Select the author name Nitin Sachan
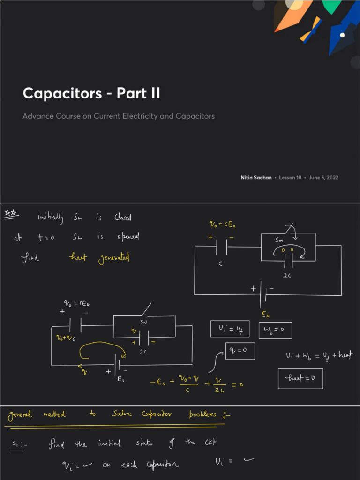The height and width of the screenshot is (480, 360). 256,178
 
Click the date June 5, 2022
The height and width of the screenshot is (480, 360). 323,178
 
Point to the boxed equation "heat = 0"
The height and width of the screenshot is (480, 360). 300,379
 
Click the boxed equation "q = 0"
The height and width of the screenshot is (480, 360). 240,351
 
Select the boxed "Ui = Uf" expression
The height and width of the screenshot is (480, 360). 230,330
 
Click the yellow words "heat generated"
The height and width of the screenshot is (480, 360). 99,258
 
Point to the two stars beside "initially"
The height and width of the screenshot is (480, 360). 10,214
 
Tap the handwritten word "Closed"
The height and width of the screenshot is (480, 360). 123,217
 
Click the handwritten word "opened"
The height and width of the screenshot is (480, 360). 127,237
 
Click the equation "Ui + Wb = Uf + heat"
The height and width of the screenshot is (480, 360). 319,356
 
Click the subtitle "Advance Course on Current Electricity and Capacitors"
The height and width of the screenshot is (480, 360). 119,116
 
